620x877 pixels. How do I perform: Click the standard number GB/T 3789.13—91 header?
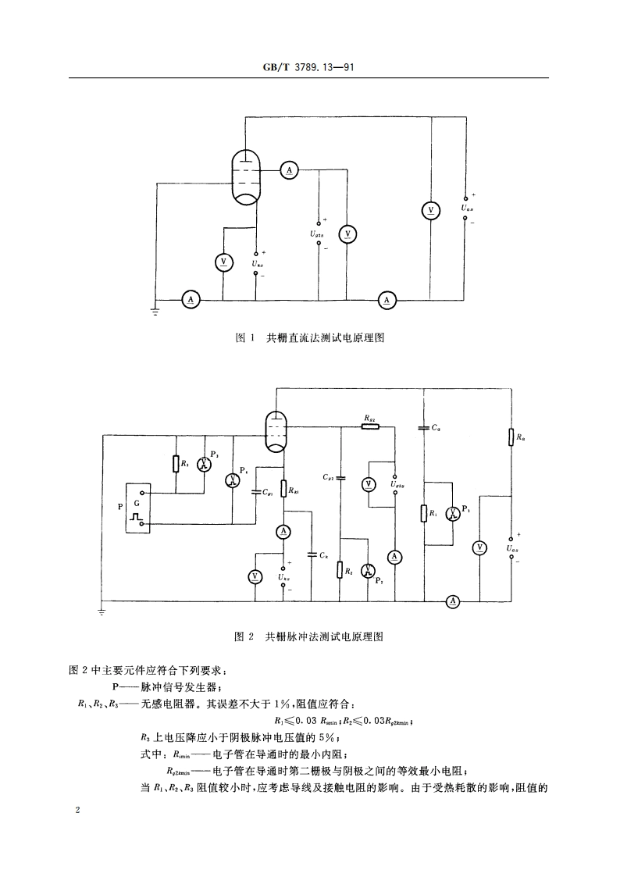click(309, 68)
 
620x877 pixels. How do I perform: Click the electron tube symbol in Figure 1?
click(248, 177)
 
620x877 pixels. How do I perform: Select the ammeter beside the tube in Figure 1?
click(287, 169)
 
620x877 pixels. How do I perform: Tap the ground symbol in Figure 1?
click(155, 311)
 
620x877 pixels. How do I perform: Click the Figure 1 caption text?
click(310, 339)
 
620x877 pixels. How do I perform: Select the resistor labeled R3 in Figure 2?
click(175, 464)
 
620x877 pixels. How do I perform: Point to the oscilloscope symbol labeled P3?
click(205, 464)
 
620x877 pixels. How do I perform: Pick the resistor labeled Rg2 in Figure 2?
click(370, 426)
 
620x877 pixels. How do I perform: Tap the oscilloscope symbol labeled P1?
click(452, 513)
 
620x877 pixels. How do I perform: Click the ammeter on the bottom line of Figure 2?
click(452, 601)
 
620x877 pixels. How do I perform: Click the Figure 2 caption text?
click(310, 636)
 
